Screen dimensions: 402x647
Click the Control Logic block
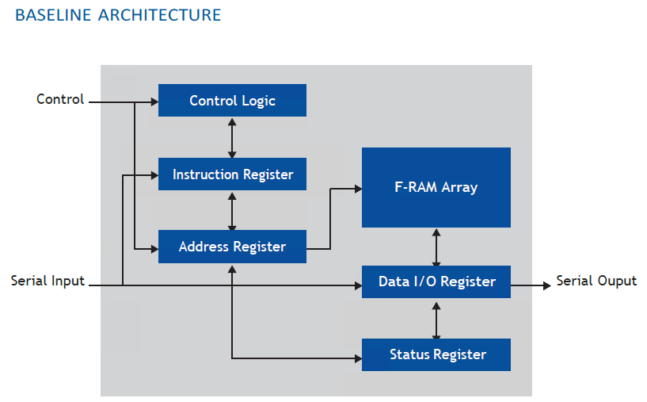(232, 101)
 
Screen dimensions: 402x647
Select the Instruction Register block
(232, 174)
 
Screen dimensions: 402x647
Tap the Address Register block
(232, 247)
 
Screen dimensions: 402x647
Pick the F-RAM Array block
(436, 188)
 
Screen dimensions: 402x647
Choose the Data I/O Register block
(436, 281)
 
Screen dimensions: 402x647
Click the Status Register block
(436, 354)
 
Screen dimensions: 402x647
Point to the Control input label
(60, 99)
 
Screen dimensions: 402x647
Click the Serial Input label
(48, 281)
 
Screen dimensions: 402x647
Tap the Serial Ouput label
(596, 281)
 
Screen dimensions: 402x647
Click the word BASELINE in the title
(53, 15)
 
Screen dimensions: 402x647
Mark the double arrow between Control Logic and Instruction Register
(232, 137)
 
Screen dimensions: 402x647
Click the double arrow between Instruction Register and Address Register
(232, 210)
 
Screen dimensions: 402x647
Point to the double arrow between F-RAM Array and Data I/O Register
(436, 247)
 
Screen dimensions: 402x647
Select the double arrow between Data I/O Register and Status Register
(436, 318)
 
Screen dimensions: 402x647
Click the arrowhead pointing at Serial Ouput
(546, 285)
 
